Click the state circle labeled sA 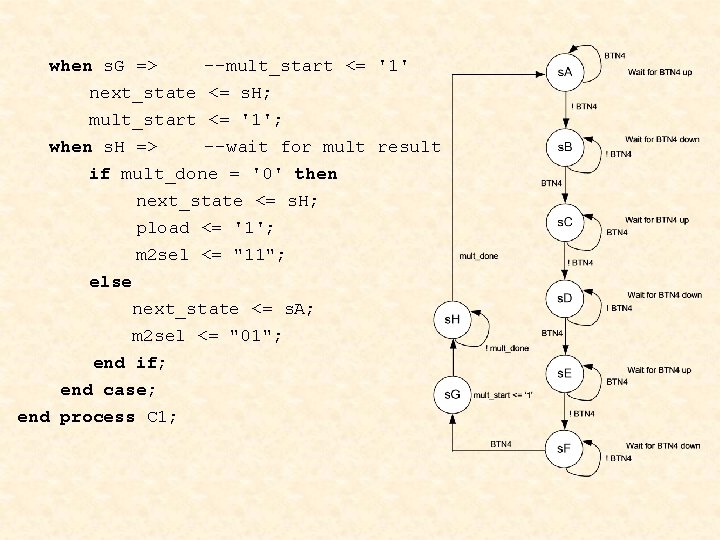565,72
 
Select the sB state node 565,147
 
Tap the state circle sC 565,222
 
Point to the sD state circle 565,297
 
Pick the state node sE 565,373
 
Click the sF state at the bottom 565,447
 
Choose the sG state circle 453,394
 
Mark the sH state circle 453,319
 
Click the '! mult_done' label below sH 507,348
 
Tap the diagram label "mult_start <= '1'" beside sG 503,395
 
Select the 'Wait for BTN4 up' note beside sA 660,72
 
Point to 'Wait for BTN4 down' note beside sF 663,446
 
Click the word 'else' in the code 110,282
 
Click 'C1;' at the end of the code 162,417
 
